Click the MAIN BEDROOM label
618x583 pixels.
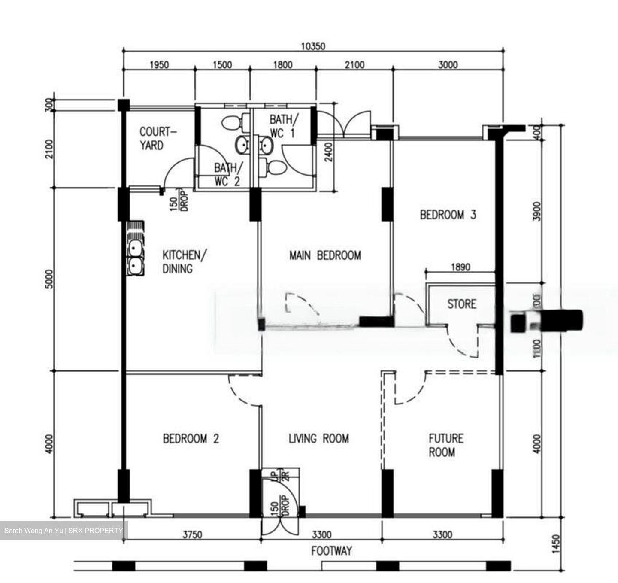click(x=325, y=255)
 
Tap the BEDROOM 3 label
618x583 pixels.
click(x=448, y=215)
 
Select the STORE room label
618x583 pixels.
click(x=461, y=304)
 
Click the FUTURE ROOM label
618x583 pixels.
click(x=446, y=445)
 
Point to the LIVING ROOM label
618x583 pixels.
click(x=318, y=438)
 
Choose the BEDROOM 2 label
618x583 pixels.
click(x=191, y=439)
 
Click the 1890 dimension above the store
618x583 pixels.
click(x=460, y=267)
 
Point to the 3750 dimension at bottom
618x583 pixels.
click(x=192, y=535)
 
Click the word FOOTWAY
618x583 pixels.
click(x=331, y=551)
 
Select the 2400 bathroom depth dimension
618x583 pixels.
click(x=329, y=152)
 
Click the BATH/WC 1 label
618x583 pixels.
click(x=282, y=126)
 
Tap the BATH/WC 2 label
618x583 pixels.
click(x=228, y=174)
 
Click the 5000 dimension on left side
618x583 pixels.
click(x=50, y=279)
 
